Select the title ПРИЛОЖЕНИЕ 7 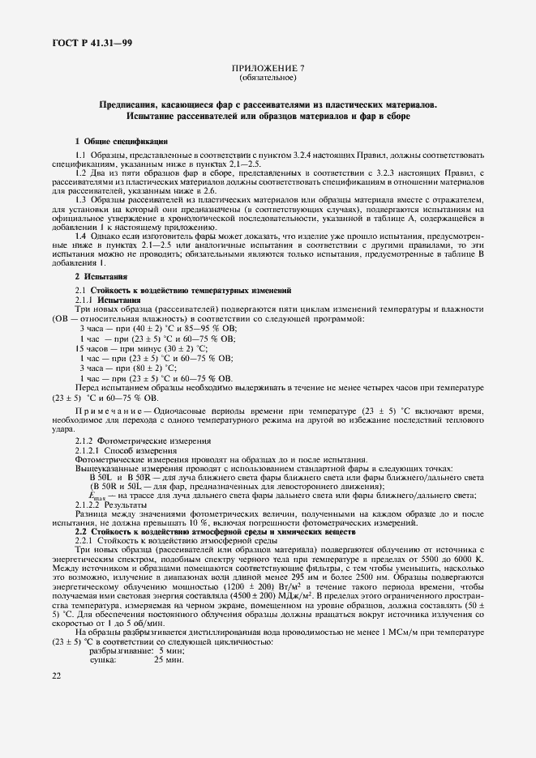(268, 70)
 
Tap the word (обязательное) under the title (268, 79)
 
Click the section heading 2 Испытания (101, 278)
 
